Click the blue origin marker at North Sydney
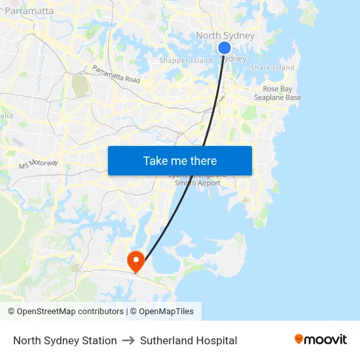pos(224,48)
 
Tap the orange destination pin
pos(136,261)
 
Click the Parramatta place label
pos(29,11)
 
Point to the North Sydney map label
pos(225,35)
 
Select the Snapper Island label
pos(186,61)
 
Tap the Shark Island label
pos(272,67)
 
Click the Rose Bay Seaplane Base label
pos(278,93)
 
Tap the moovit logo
pos(320,339)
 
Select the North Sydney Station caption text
pos(65,340)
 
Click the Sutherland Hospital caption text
pos(189,340)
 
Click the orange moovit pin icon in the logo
pos(299,339)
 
